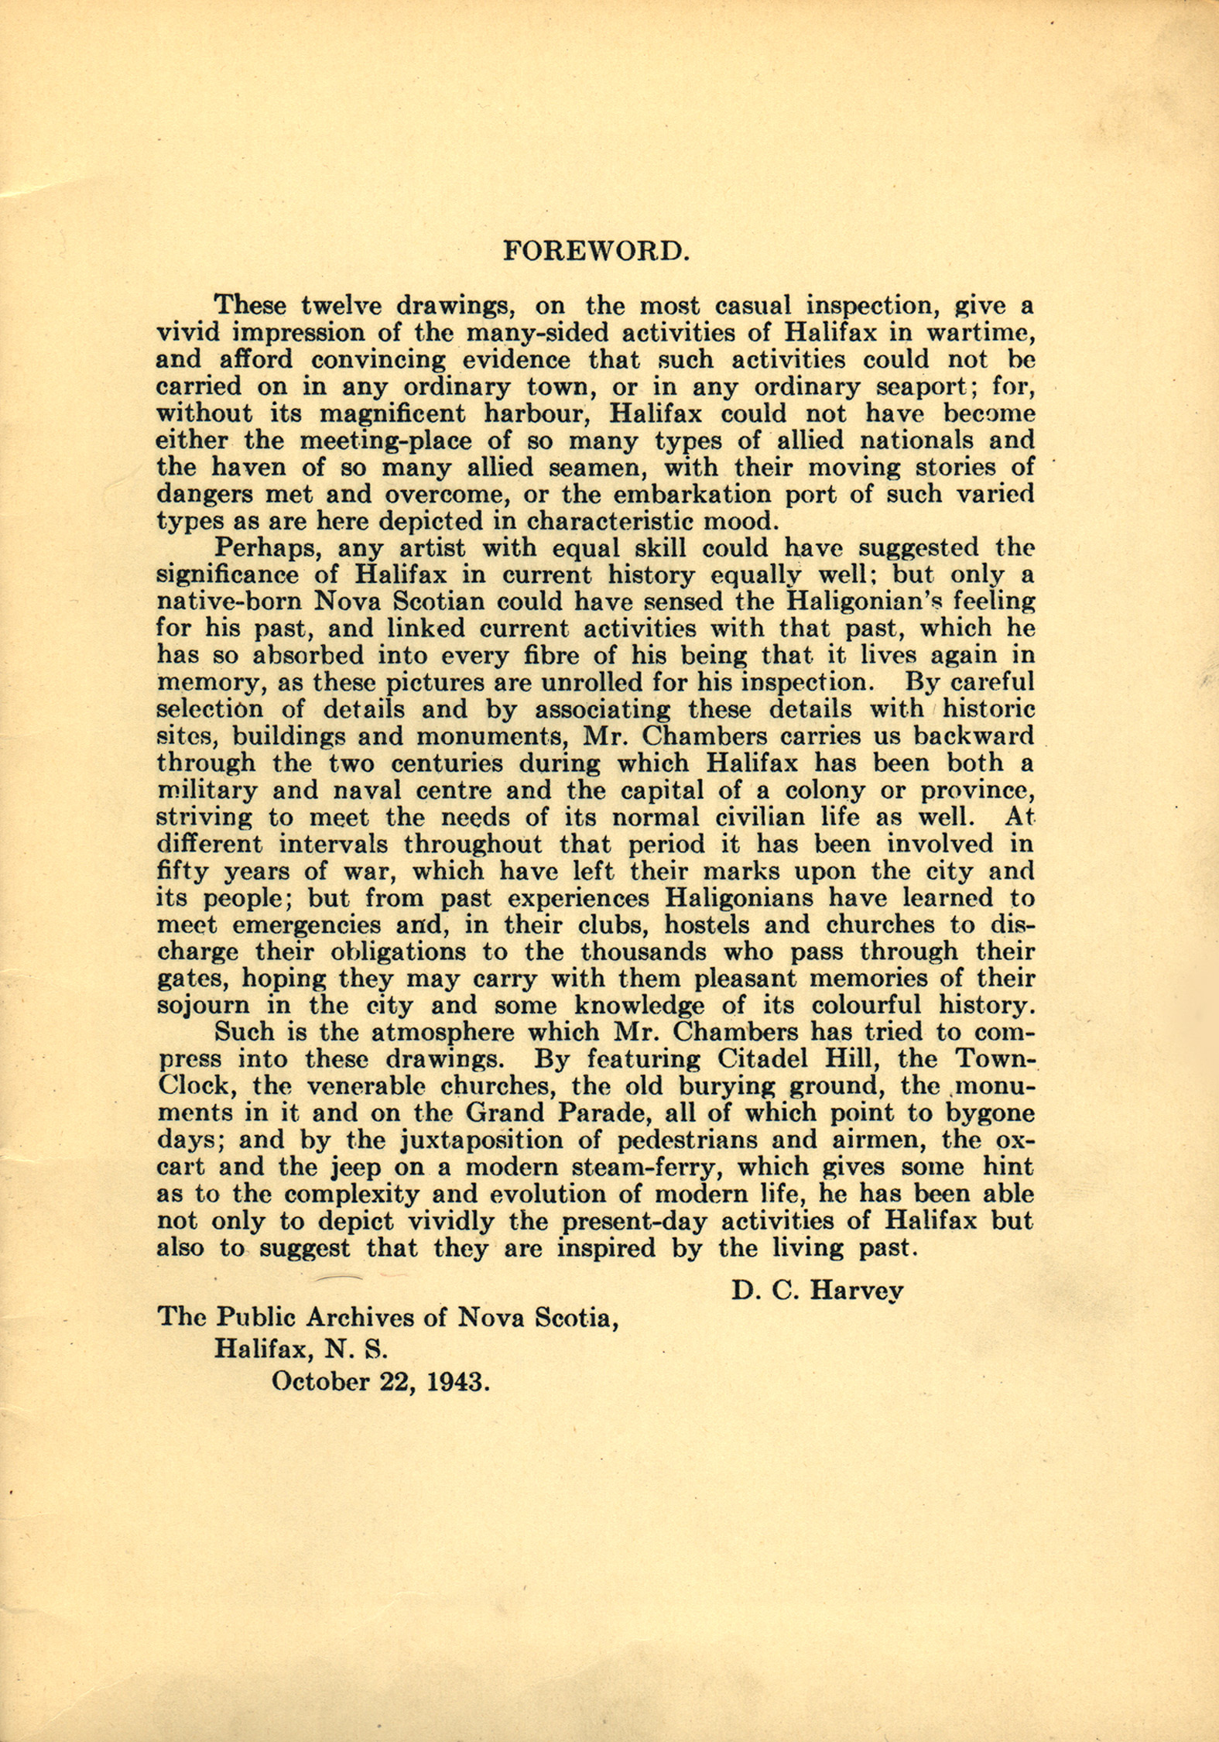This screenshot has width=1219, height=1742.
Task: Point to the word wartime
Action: tap(979, 333)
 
